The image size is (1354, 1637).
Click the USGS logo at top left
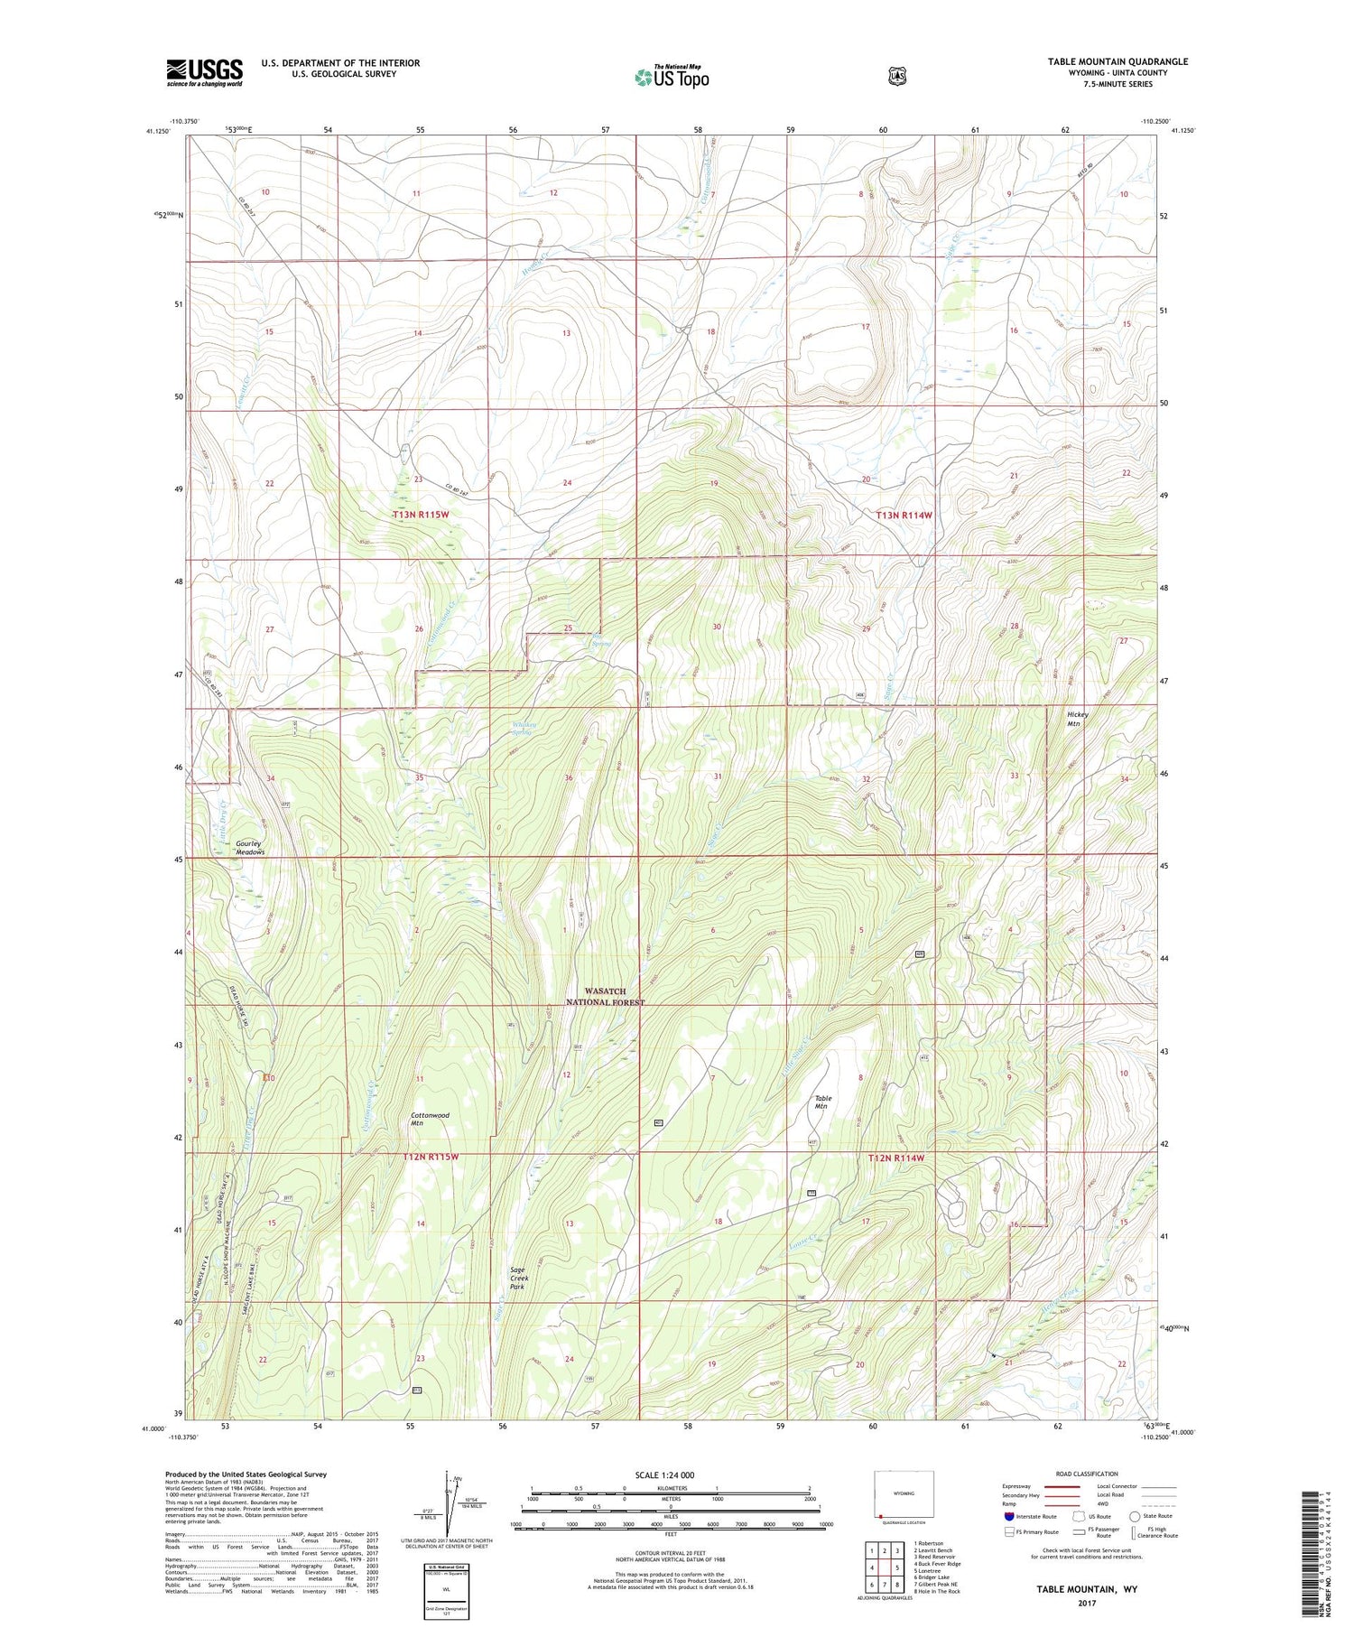tap(204, 72)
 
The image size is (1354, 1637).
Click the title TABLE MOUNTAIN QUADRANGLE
tap(1118, 61)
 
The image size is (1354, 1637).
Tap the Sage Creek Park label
tap(518, 1278)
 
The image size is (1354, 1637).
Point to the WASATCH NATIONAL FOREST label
tap(604, 997)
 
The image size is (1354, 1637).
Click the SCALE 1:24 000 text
tap(664, 1474)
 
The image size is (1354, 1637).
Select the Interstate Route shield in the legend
tap(1010, 1516)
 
